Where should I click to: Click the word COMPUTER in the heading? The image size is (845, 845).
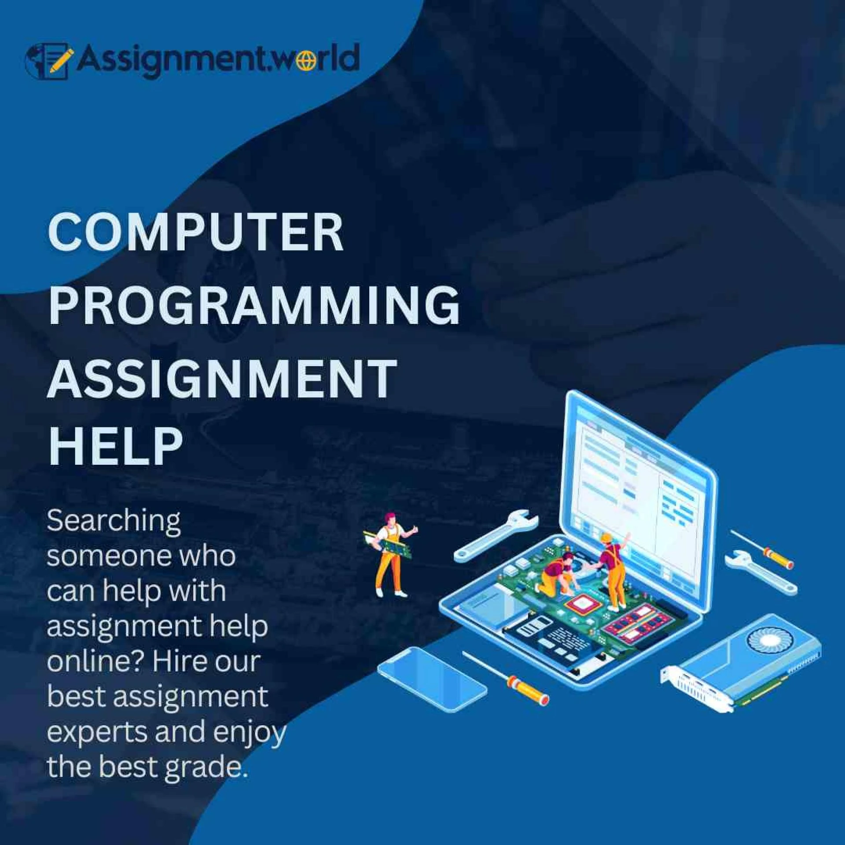pos(195,233)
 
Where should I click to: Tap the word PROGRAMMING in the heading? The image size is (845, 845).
pos(254,305)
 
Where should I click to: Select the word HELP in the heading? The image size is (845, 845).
pos(115,445)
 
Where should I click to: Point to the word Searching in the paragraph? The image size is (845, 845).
pos(114,522)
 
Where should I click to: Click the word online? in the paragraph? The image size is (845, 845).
pos(96,661)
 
